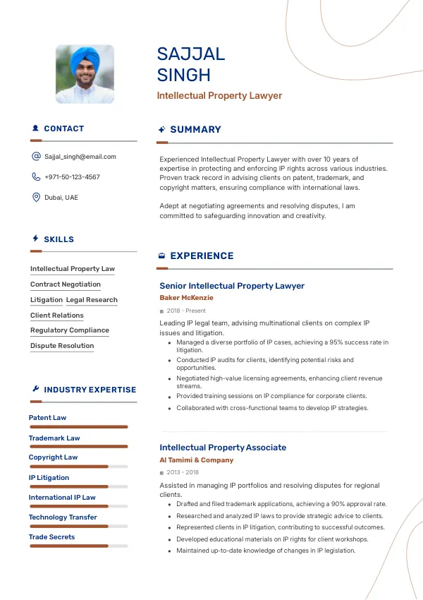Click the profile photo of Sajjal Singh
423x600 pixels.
[85, 75]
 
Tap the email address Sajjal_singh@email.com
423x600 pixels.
[80, 157]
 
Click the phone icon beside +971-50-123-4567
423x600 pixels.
[36, 177]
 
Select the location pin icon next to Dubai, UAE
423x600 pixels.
[36, 198]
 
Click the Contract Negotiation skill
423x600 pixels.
[66, 284]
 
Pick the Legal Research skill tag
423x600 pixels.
[92, 300]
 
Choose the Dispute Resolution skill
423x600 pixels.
[62, 346]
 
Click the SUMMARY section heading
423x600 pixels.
[195, 130]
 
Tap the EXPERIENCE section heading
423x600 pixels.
[202, 256]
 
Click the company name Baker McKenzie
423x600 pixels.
[186, 298]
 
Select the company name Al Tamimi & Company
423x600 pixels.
[196, 460]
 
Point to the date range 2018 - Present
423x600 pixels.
[186, 311]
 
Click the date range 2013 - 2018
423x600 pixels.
[183, 472]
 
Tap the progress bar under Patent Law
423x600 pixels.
[78, 427]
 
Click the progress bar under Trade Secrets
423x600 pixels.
[78, 546]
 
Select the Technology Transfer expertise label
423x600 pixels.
[63, 517]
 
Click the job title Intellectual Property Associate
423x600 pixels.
[223, 448]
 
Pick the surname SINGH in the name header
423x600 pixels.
[184, 75]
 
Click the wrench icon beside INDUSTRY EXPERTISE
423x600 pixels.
[35, 389]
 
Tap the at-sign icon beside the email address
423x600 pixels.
[36, 157]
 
